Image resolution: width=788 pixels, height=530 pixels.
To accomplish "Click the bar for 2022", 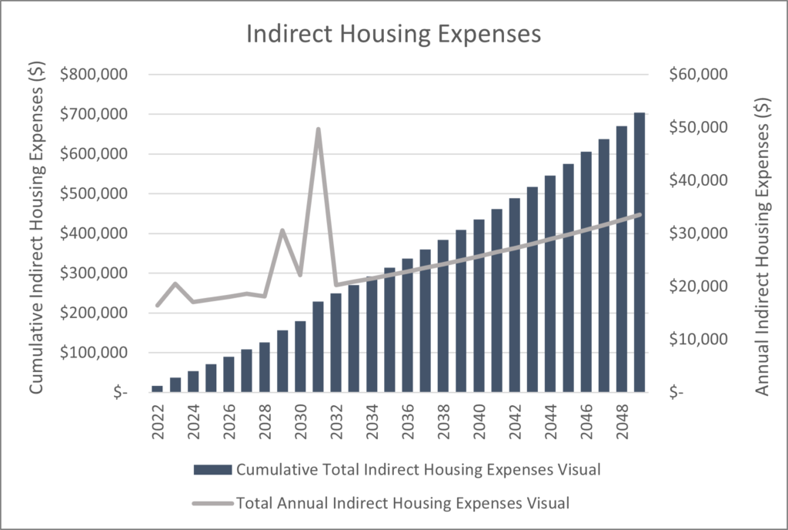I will pos(158,389).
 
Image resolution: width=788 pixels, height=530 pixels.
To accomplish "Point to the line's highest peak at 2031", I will pos(318,129).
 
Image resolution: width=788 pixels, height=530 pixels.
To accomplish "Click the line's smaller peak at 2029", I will pos(282,230).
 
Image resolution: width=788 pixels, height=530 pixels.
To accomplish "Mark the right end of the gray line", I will pos(639,215).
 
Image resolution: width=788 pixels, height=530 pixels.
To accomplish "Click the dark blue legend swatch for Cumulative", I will pos(213,470).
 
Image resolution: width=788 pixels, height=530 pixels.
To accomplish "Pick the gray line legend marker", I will pos(213,504).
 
